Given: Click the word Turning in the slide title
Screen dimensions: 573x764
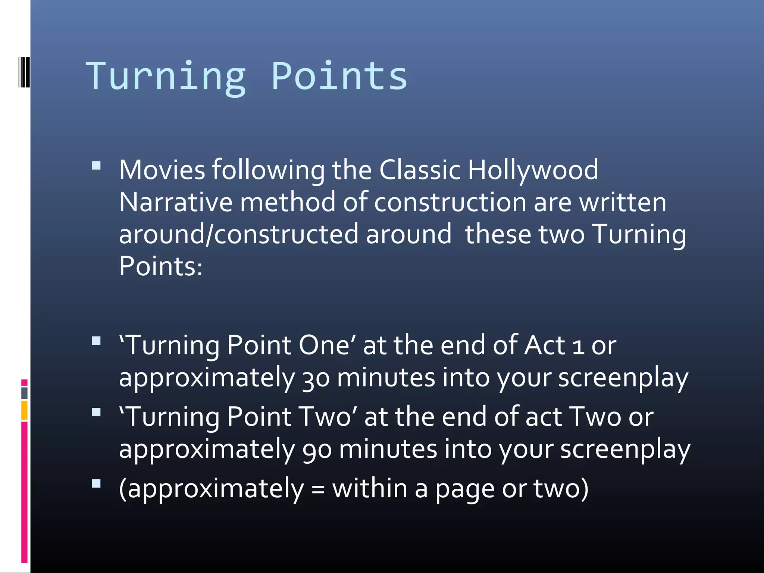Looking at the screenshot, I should click(x=166, y=76).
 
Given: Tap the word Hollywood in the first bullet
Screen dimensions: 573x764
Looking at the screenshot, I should click(x=533, y=170).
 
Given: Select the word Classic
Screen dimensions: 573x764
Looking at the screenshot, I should click(x=420, y=170).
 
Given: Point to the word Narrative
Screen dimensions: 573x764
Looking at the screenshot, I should click(x=176, y=202).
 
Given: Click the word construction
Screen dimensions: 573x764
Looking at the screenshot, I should click(x=450, y=202).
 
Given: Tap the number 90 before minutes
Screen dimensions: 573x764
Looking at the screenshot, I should click(x=317, y=450).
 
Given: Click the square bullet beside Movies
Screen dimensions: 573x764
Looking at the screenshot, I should click(x=96, y=166).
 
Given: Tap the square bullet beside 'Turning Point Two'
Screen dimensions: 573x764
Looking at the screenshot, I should click(x=96, y=412).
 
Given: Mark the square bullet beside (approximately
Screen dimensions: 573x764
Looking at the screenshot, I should click(x=96, y=483).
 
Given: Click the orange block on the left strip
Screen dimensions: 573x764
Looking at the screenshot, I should click(x=24, y=410).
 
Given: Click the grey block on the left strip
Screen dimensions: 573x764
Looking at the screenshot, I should click(x=24, y=393).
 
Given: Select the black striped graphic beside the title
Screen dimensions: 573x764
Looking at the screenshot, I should click(x=24, y=72).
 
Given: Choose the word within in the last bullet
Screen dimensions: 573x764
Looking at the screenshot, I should click(x=370, y=489).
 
